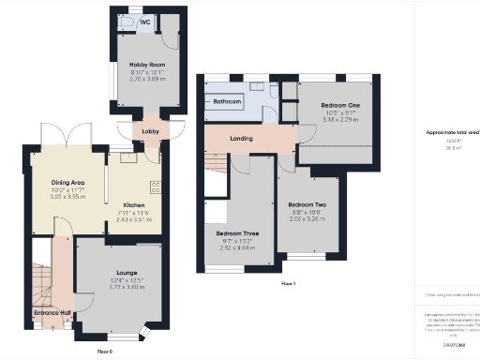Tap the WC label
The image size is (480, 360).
click(x=145, y=22)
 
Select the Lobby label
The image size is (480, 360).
click(x=151, y=130)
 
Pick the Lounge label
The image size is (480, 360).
click(x=114, y=273)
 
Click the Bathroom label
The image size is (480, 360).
click(x=226, y=101)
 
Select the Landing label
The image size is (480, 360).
click(x=242, y=138)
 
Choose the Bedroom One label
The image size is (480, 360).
click(x=340, y=105)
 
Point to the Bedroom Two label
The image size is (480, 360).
click(x=307, y=204)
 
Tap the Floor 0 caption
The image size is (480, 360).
click(x=105, y=350)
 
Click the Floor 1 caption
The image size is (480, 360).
click(x=288, y=283)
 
